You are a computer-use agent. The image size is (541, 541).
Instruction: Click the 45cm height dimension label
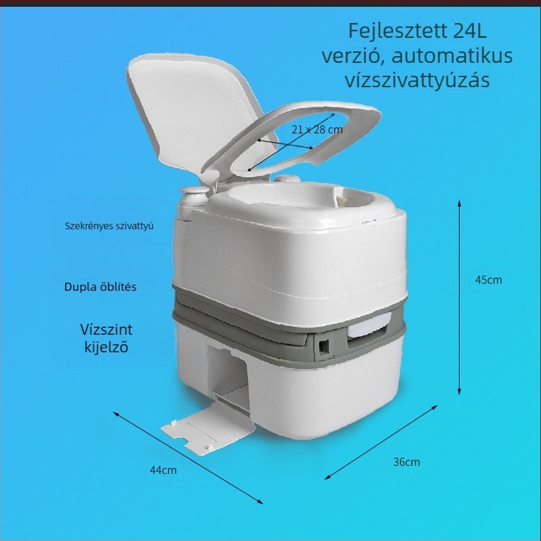pyautogui.click(x=488, y=280)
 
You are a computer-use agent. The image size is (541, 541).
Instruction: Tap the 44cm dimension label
pyautogui.click(x=163, y=470)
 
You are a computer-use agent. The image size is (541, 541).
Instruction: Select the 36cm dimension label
pyautogui.click(x=406, y=462)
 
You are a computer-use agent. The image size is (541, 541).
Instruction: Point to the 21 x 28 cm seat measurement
pyautogui.click(x=316, y=130)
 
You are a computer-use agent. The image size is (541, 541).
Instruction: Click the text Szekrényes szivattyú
pyautogui.click(x=109, y=227)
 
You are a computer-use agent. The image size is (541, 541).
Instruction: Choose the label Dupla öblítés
pyautogui.click(x=100, y=287)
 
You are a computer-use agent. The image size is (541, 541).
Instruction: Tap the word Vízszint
pyautogui.click(x=106, y=329)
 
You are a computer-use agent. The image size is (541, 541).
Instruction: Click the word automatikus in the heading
pyautogui.click(x=452, y=56)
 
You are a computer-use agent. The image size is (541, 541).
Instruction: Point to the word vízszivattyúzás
pyautogui.click(x=417, y=80)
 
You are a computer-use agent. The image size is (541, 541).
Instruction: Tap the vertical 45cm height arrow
pyautogui.click(x=459, y=298)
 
